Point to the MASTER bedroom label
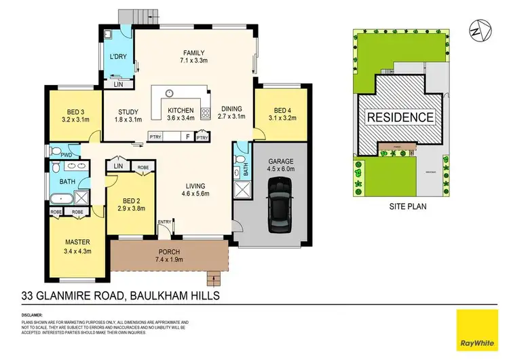tap(77, 241)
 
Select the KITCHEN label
tap(181, 111)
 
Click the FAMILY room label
tap(193, 53)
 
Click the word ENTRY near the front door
tap(164, 222)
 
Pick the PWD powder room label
tap(66, 154)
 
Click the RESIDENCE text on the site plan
tap(400, 117)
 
